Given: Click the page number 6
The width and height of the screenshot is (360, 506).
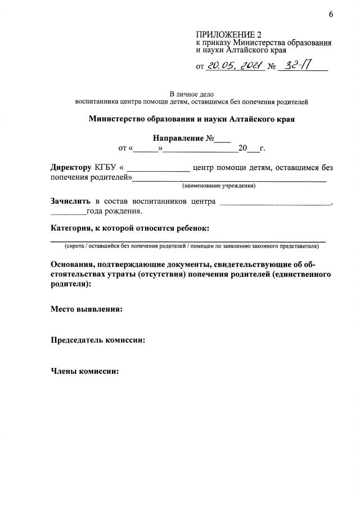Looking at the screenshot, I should (x=331, y=14).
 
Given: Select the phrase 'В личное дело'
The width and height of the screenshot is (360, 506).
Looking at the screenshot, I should (x=191, y=94).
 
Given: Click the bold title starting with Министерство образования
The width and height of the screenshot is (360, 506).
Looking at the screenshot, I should (x=191, y=119).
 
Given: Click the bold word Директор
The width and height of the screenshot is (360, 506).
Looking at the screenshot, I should (x=71, y=168).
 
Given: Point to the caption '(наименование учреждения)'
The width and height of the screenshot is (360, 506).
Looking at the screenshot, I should (x=218, y=185).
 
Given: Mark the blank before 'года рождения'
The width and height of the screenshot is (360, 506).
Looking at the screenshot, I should (x=68, y=212).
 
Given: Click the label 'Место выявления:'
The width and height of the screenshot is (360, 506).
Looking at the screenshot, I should (x=87, y=309).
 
